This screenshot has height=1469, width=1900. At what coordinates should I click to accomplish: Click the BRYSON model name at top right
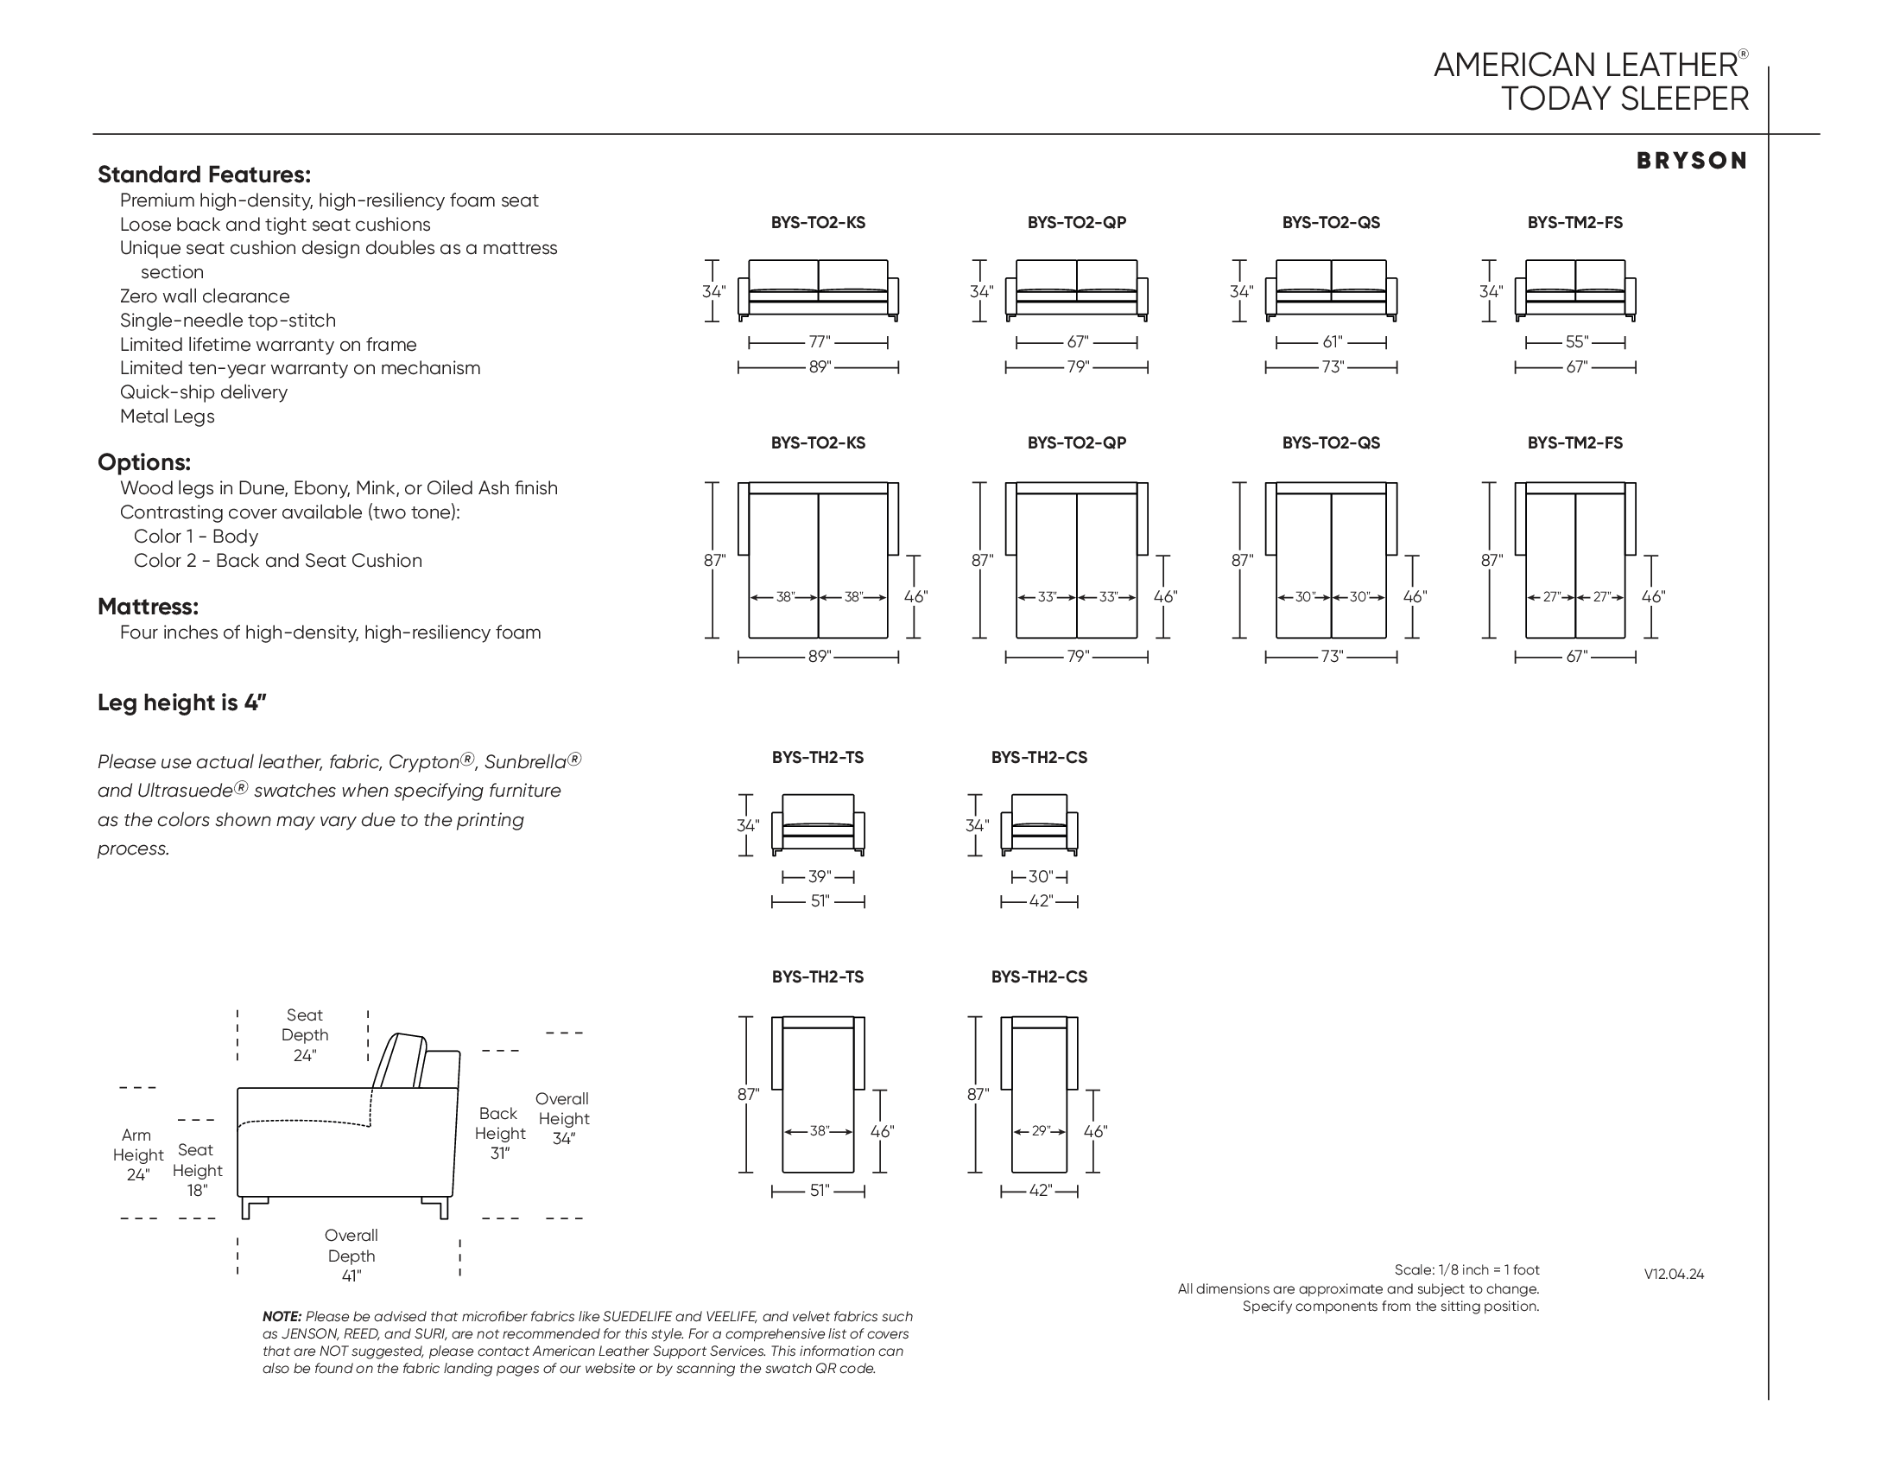(1691, 161)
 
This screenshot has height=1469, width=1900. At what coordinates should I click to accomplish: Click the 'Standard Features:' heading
(204, 175)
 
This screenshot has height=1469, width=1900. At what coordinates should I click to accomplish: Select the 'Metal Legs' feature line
(167, 417)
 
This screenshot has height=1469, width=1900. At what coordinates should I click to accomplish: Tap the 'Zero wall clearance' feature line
(205, 296)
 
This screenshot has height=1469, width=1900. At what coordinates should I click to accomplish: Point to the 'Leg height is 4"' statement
(182, 703)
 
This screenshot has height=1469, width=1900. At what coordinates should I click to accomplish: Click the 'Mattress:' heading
(148, 607)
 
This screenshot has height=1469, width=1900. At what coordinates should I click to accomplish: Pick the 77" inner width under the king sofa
(819, 343)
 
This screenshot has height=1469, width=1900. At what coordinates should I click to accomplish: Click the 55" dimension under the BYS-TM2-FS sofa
(1576, 343)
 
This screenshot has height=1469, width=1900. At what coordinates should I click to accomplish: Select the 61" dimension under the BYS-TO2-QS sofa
(1332, 343)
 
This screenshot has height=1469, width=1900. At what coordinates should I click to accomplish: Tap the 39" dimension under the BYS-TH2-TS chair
(819, 877)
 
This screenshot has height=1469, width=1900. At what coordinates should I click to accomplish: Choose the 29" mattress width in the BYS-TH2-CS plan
(1041, 1132)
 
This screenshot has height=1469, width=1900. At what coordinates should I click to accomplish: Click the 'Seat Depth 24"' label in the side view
(305, 1035)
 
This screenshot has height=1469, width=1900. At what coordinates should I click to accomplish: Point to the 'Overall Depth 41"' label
(351, 1256)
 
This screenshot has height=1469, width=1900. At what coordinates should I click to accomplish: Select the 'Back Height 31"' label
(499, 1134)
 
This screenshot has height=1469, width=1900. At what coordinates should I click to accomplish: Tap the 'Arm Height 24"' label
(137, 1155)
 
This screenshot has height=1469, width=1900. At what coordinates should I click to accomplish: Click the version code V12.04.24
(1674, 1275)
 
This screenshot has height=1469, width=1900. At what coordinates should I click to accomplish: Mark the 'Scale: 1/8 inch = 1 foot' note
(1466, 1270)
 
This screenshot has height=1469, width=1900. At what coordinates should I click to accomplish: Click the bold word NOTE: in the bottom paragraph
(282, 1318)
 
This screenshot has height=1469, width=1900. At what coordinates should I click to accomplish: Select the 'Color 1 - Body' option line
(196, 537)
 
